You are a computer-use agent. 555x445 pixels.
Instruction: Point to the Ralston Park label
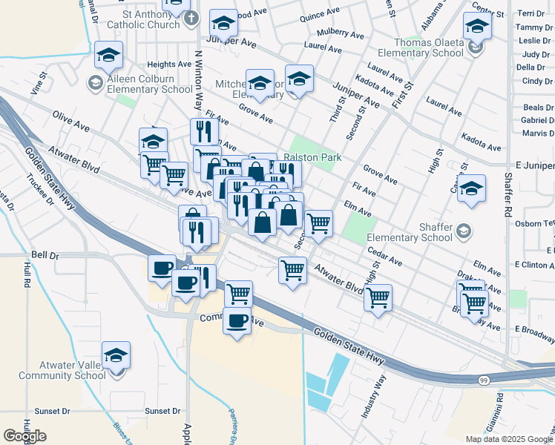pyautogui.click(x=313, y=157)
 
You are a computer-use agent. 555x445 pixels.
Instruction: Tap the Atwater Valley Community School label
pyautogui.click(x=62, y=369)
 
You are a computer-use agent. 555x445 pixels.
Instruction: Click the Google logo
pyautogui.click(x=24, y=435)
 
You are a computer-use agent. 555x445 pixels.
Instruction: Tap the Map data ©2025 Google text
pyautogui.click(x=509, y=439)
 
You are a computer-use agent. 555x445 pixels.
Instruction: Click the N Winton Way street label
pyautogui.click(x=198, y=78)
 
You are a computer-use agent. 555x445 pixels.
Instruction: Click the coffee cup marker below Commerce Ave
pyautogui.click(x=237, y=323)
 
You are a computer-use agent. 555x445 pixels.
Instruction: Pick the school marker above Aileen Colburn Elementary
pyautogui.click(x=109, y=56)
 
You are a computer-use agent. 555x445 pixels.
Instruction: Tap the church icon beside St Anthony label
pyautogui.click(x=191, y=19)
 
